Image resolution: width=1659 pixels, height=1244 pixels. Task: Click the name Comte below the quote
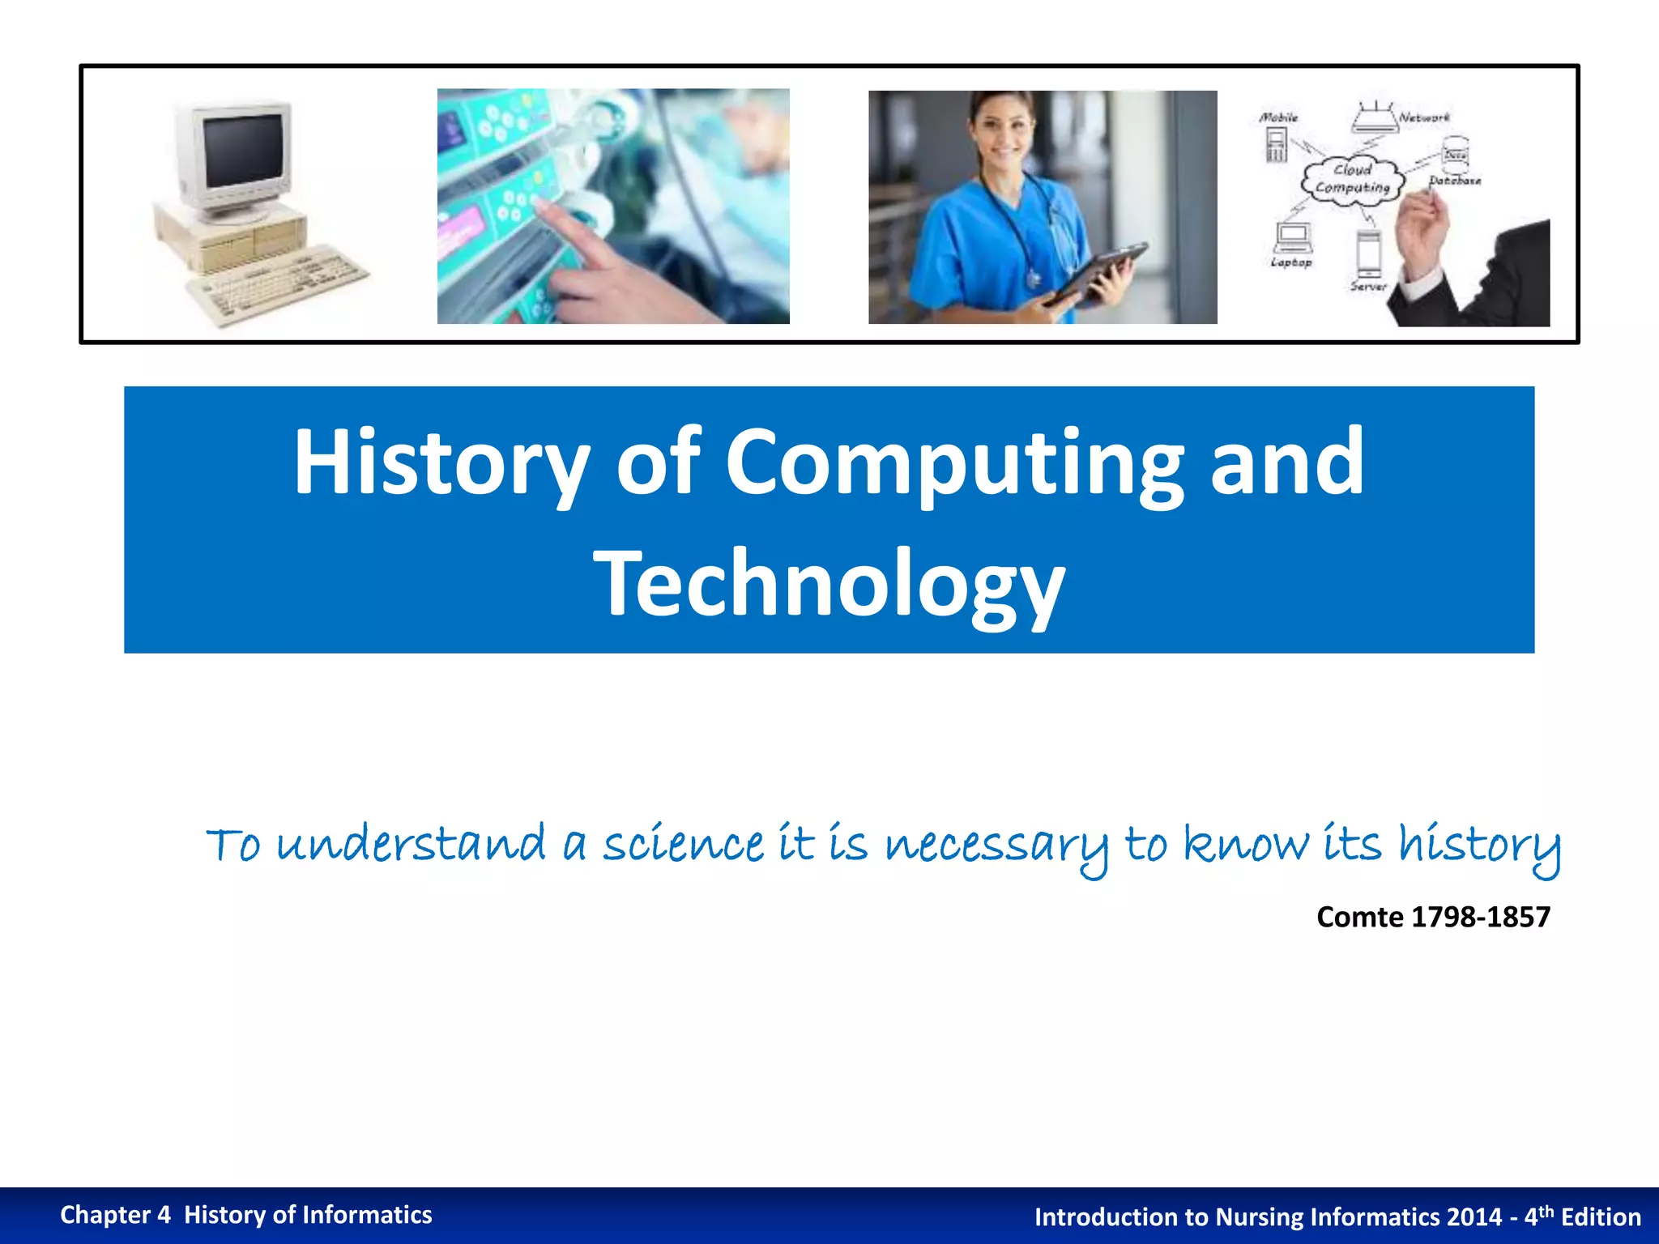click(x=1359, y=917)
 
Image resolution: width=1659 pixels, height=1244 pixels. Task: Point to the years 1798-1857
click(x=1480, y=917)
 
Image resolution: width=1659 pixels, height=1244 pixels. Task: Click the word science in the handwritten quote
click(x=683, y=844)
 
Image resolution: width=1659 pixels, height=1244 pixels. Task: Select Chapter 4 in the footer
click(x=115, y=1215)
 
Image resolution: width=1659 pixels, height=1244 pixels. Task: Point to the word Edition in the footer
click(x=1601, y=1217)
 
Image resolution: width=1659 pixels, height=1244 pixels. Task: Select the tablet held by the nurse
click(x=1094, y=274)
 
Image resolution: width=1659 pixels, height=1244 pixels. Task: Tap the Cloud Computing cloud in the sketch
click(x=1352, y=179)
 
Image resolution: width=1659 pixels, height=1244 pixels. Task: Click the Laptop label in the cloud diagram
click(x=1290, y=262)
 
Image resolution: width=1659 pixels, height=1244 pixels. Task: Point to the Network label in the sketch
click(x=1424, y=117)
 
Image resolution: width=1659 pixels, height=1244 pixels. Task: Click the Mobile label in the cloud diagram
click(x=1278, y=117)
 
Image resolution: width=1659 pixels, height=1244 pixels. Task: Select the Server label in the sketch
click(x=1368, y=286)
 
